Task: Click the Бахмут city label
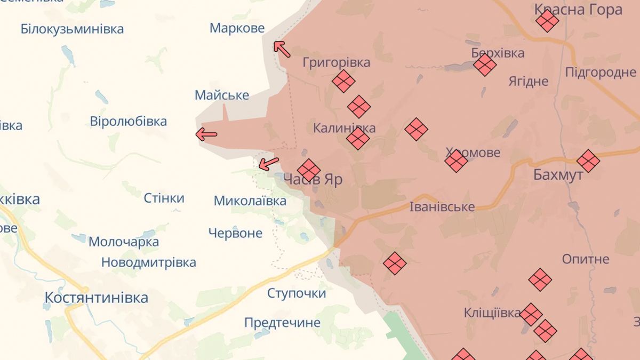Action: [558, 175]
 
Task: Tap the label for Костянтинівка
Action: [96, 297]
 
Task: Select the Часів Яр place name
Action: [313, 179]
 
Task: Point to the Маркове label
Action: [237, 28]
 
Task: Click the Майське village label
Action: [221, 95]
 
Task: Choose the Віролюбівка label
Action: [128, 121]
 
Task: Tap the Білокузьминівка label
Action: [72, 28]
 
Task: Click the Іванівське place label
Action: [442, 206]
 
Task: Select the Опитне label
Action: [585, 259]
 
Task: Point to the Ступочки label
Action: [296, 293]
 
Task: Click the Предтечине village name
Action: [282, 322]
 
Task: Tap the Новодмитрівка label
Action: [148, 262]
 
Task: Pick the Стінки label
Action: [164, 198]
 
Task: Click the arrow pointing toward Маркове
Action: [282, 49]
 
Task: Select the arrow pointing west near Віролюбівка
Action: [206, 134]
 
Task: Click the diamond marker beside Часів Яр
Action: [309, 170]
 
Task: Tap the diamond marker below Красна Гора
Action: [547, 21]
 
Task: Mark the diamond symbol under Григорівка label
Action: [343, 81]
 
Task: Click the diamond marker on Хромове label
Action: [456, 161]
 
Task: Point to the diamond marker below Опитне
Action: [540, 279]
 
